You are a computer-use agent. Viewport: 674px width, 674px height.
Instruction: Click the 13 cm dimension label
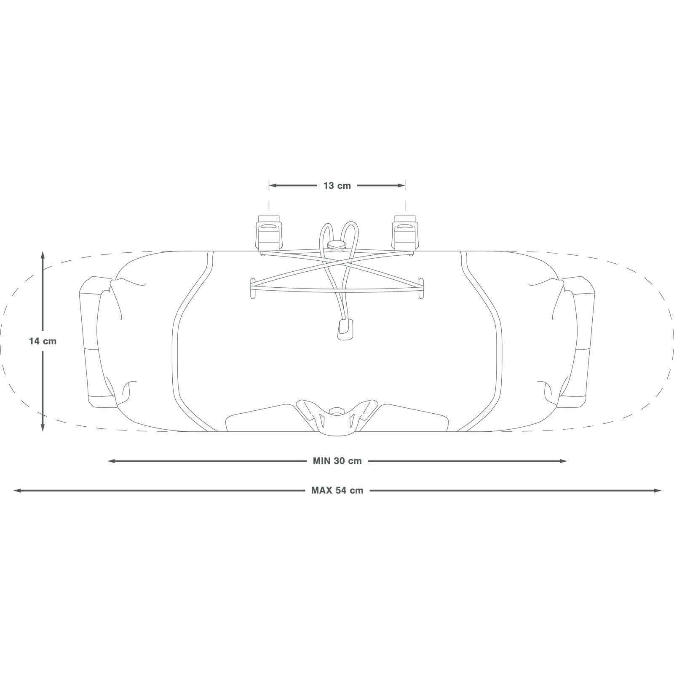337,185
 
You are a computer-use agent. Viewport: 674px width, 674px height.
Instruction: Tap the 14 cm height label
43,341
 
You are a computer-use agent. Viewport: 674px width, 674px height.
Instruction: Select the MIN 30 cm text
337,461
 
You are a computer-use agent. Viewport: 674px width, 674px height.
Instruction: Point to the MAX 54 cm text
337,490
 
